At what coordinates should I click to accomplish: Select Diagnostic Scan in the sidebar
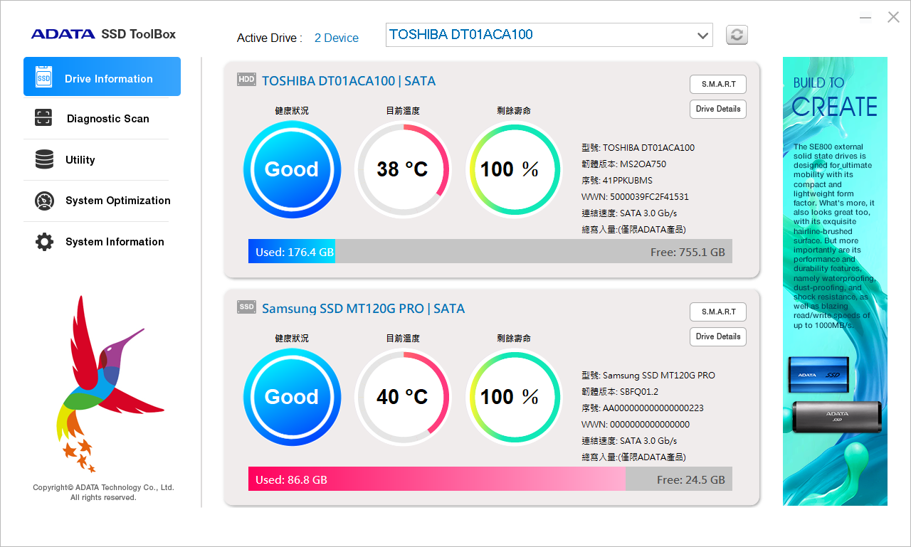pyautogui.click(x=107, y=119)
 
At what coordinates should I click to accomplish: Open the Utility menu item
pyautogui.click(x=80, y=160)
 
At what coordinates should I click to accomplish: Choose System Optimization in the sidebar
pyautogui.click(x=117, y=201)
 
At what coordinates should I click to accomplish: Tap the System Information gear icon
pyautogui.click(x=44, y=242)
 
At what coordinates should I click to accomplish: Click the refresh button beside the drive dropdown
pyautogui.click(x=737, y=35)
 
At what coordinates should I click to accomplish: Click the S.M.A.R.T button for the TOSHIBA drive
pyautogui.click(x=718, y=84)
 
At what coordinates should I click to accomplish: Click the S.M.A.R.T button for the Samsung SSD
pyautogui.click(x=718, y=312)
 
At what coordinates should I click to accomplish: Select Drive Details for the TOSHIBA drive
pyautogui.click(x=718, y=109)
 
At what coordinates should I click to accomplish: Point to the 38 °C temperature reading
pyautogui.click(x=402, y=169)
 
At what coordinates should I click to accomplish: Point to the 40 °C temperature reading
pyautogui.click(x=402, y=397)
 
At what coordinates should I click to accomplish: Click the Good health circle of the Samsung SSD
pyautogui.click(x=292, y=397)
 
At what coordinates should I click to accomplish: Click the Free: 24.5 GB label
pyautogui.click(x=690, y=480)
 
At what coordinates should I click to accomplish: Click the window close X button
pyautogui.click(x=893, y=17)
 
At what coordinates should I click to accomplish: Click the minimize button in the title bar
pyautogui.click(x=865, y=18)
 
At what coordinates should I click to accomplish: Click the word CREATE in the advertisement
pyautogui.click(x=834, y=107)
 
